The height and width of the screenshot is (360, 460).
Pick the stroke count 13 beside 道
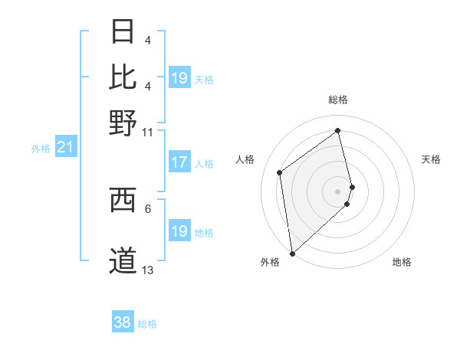pos(148,270)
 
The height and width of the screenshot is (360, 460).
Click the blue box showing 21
pos(64,147)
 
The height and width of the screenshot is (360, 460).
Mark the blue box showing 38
pos(122,323)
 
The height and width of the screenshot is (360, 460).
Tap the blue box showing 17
pos(179,162)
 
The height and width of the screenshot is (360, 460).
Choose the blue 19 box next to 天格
pos(179,77)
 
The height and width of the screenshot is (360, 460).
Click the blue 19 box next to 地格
pos(179,231)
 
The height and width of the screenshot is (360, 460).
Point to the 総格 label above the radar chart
pos(338,100)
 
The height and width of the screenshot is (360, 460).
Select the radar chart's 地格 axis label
pos(402,263)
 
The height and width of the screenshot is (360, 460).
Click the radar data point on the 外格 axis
pos(292,253)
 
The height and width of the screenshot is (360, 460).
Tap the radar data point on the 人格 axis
pos(280,172)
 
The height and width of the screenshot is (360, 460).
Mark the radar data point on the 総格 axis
pos(338,130)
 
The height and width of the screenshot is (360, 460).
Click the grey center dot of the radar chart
pos(338,191)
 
